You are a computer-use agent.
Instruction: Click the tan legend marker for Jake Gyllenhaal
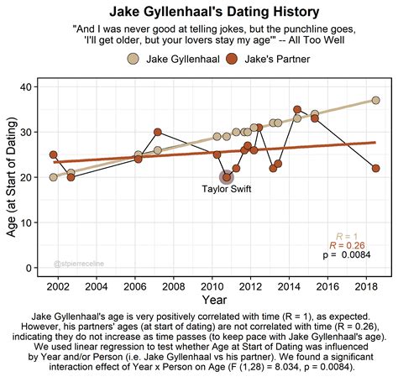(x=134, y=59)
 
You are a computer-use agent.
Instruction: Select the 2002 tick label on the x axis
(x=58, y=287)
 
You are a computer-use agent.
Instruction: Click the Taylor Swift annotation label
(x=226, y=189)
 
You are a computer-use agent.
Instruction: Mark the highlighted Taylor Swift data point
(x=226, y=177)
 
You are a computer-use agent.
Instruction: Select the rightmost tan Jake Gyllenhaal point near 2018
(x=375, y=101)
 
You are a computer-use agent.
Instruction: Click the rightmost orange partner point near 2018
(x=375, y=169)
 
